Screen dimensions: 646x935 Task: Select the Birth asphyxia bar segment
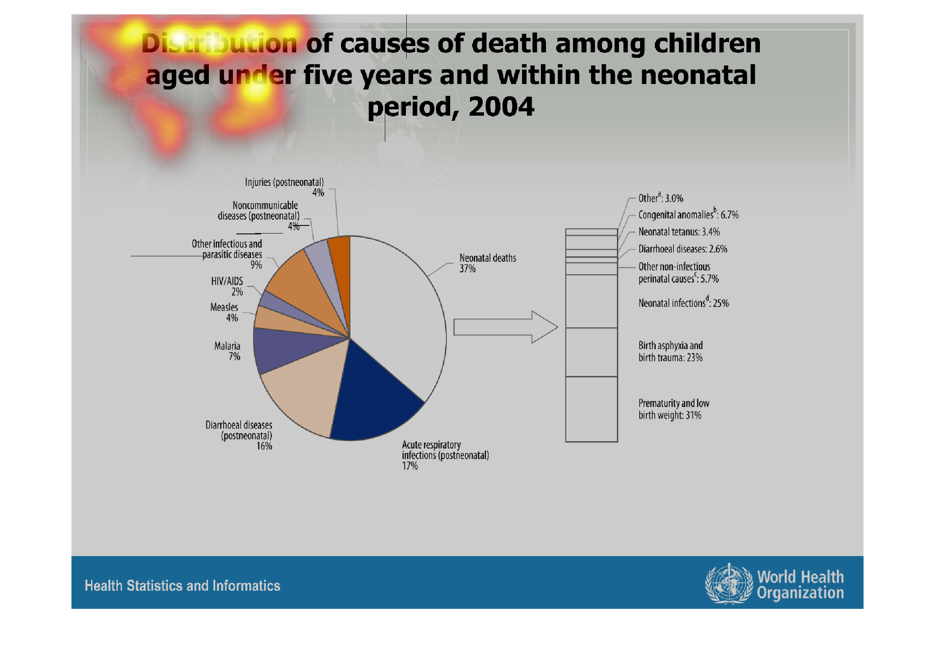pos(592,352)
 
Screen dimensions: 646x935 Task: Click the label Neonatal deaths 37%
pos(487,263)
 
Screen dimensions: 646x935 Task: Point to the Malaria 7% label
pos(227,351)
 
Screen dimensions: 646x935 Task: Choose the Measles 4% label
pos(224,312)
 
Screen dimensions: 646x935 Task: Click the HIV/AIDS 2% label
pos(227,286)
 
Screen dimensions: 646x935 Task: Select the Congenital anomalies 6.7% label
pos(688,214)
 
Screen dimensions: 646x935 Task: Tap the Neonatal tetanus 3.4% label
pos(679,232)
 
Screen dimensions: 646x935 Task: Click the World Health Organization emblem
pos(729,584)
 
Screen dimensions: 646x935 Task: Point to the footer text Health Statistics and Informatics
pos(182,586)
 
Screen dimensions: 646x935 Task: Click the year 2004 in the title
pos(501,106)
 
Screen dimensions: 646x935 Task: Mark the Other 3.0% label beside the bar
pos(660,198)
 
